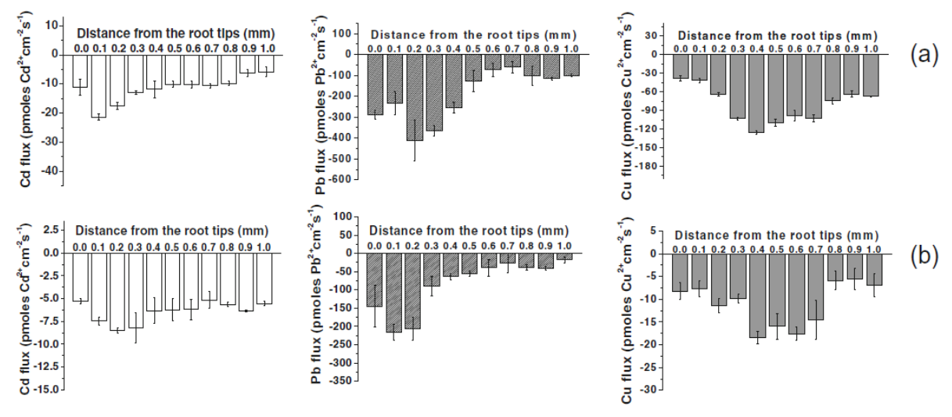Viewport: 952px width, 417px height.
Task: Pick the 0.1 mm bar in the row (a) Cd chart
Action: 99,85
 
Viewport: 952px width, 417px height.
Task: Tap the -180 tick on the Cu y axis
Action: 659,167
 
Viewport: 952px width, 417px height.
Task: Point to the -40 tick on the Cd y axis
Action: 53,171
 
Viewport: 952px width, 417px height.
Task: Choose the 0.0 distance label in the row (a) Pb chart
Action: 375,49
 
